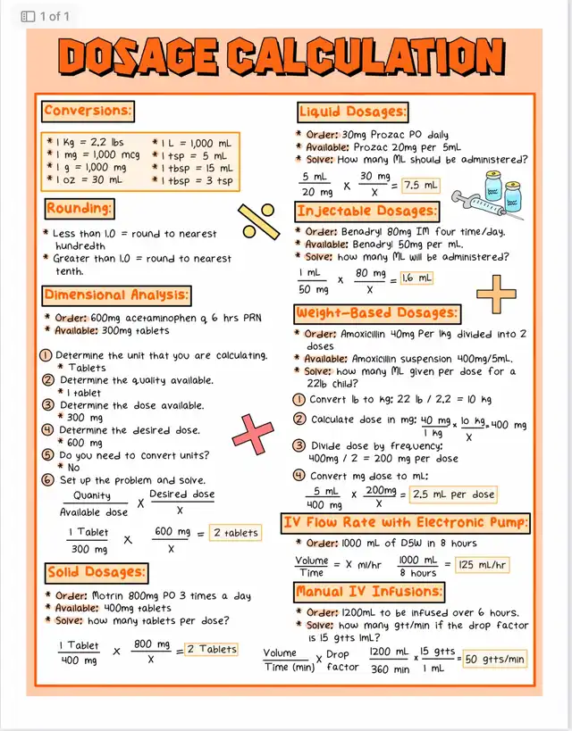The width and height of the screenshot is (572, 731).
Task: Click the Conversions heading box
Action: [x=88, y=112]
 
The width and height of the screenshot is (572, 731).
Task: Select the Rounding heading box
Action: [x=80, y=209]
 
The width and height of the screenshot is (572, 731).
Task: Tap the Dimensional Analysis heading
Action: [x=116, y=295]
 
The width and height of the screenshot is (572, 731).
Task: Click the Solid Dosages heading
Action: [x=97, y=572]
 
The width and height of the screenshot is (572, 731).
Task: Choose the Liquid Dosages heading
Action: [x=353, y=112]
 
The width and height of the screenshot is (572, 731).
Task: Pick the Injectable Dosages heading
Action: [x=367, y=212]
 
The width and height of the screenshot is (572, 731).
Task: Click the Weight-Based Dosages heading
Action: [x=377, y=313]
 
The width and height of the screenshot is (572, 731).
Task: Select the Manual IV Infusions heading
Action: [x=369, y=592]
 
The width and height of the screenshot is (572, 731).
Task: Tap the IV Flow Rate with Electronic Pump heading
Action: [x=405, y=522]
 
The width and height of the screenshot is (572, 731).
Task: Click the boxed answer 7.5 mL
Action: [x=420, y=186]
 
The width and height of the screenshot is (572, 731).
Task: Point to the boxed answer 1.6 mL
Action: [x=416, y=278]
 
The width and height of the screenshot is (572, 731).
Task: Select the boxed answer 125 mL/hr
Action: [x=483, y=564]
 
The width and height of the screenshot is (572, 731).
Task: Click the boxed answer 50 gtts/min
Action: [x=494, y=659]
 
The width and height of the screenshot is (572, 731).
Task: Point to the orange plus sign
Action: [x=496, y=294]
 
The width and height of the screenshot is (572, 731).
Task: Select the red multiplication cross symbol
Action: [x=253, y=435]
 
